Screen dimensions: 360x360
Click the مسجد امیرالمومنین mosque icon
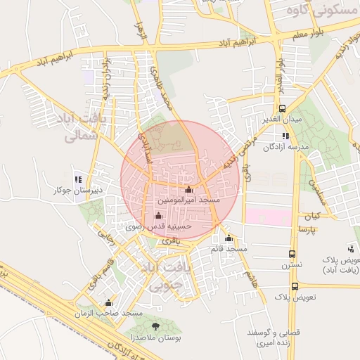(x=188, y=190)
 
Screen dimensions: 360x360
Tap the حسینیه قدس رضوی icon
(x=157, y=216)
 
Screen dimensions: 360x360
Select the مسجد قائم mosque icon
(x=229, y=238)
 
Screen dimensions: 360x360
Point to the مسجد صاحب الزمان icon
(x=108, y=303)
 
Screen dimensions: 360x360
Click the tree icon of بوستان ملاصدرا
(x=155, y=327)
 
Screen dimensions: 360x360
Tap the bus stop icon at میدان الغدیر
(x=282, y=108)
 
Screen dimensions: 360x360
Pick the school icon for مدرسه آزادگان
(x=285, y=136)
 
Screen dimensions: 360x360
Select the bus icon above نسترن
(x=292, y=254)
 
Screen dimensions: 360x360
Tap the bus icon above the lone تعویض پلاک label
(x=295, y=286)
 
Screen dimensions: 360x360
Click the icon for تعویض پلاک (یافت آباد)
(x=350, y=248)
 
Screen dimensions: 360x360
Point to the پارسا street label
(x=307, y=230)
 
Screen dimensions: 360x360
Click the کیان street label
(x=311, y=214)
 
